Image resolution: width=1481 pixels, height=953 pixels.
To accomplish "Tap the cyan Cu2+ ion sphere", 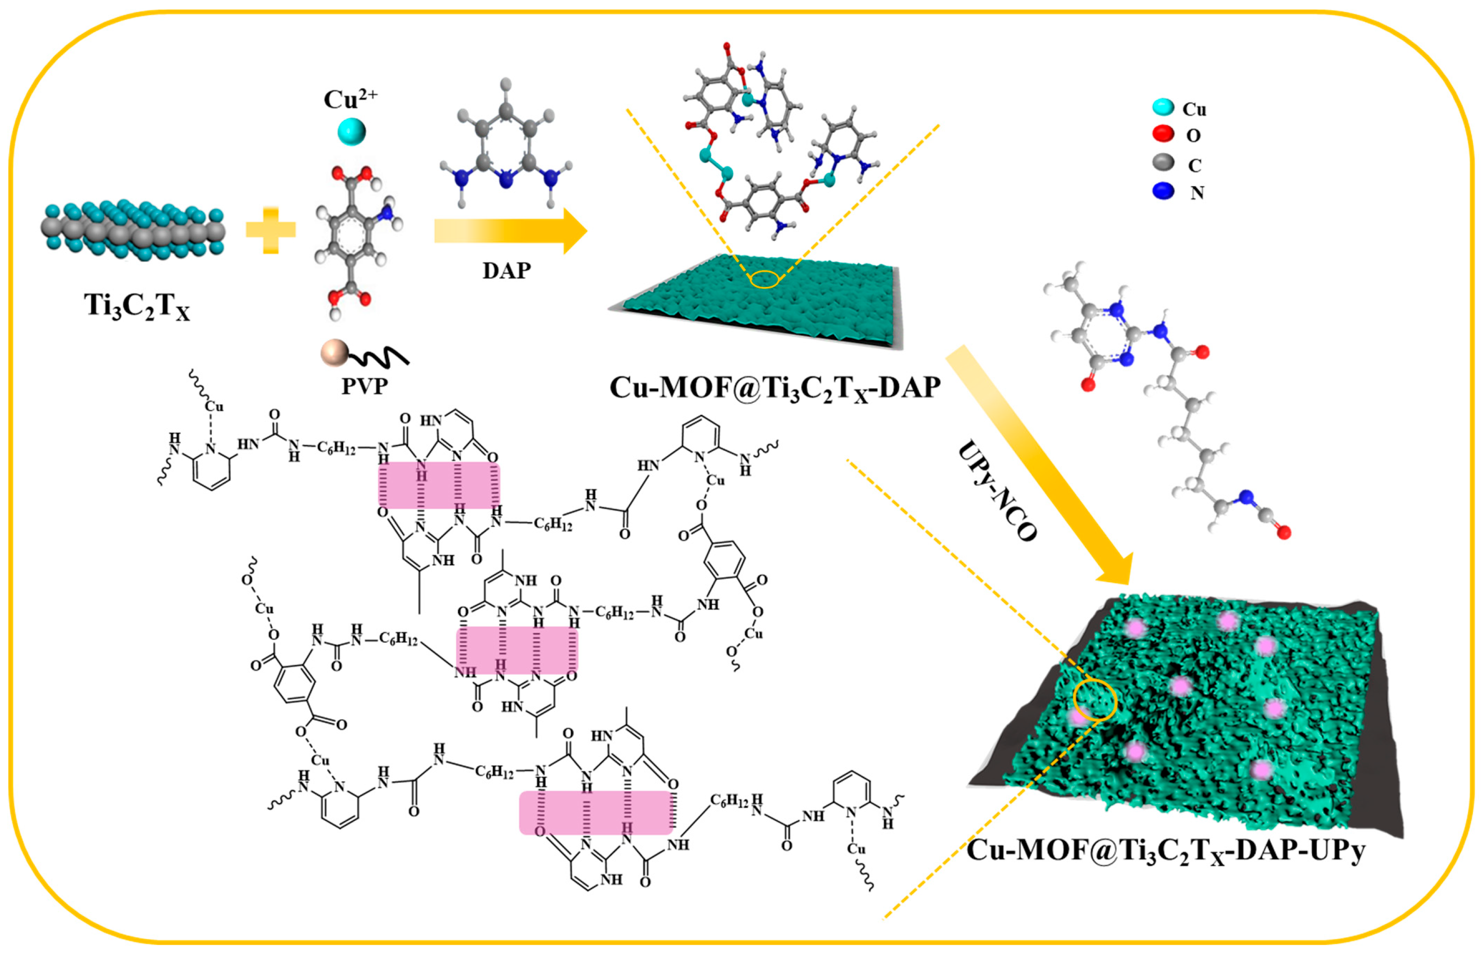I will click(351, 131).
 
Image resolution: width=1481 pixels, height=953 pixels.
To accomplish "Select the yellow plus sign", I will click(270, 230).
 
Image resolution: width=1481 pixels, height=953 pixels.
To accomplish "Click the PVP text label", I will click(365, 386).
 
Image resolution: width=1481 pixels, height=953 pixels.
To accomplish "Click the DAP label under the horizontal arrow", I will click(506, 270).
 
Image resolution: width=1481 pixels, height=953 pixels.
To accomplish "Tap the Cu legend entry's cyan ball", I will click(1163, 107).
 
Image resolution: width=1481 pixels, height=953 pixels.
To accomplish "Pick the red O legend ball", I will click(1163, 133).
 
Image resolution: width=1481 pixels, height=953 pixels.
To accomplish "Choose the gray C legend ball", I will click(1163, 163).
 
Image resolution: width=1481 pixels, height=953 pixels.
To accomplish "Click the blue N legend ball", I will click(1163, 191).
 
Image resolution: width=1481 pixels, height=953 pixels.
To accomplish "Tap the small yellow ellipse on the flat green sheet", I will click(764, 280).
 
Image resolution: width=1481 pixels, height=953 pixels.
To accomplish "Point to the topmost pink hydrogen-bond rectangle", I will click(439, 486).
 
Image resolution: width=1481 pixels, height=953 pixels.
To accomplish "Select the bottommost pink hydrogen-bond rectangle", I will click(596, 813).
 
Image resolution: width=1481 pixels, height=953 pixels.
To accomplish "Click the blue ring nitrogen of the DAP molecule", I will click(506, 181).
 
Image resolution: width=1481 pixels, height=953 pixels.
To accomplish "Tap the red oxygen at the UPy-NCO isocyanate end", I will click(1284, 531).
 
